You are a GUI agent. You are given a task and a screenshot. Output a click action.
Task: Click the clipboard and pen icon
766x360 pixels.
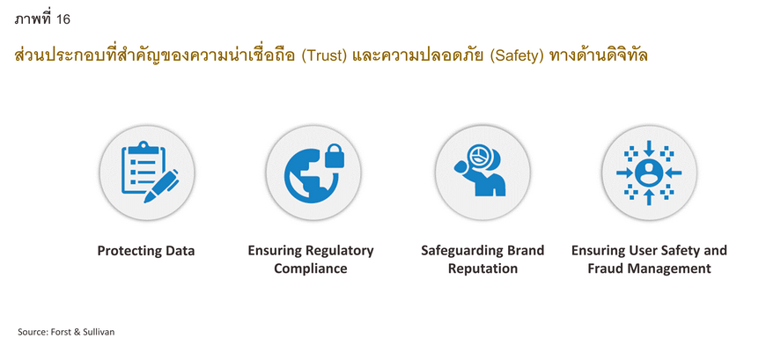point(149,172)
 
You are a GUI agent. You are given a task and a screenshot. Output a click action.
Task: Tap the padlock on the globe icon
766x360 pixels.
point(335,155)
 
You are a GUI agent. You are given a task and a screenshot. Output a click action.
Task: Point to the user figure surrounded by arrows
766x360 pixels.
point(649,173)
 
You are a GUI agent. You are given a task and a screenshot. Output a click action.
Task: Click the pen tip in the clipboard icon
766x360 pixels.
point(147,199)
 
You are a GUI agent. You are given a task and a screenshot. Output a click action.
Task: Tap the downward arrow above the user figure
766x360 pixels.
point(649,149)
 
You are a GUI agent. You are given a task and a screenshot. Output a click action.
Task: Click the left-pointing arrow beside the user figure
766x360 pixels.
point(674,173)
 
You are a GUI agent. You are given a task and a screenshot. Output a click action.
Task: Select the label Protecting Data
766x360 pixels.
point(146,251)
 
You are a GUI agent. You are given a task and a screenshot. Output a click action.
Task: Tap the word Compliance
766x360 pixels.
point(311,269)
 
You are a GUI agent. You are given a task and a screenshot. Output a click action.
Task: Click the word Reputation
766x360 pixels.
point(482,269)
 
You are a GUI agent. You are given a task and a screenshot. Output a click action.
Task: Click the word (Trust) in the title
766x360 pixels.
point(324,56)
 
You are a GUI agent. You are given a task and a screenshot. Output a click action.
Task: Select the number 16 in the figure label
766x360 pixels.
point(63,19)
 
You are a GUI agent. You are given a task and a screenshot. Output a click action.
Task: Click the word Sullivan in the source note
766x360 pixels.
point(100,332)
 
